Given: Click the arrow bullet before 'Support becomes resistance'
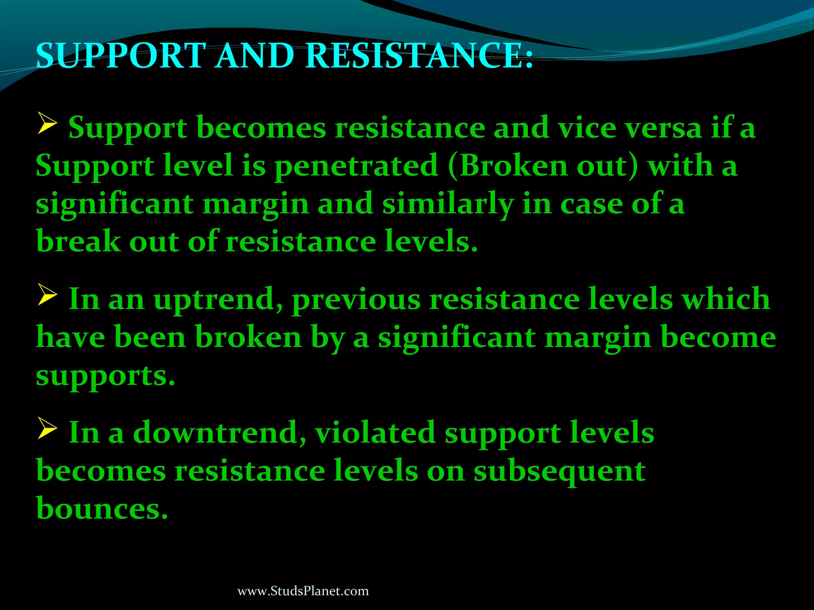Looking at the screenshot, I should [48, 124].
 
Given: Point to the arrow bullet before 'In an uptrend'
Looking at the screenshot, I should [48, 295].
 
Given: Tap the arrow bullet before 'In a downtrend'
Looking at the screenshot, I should [48, 429].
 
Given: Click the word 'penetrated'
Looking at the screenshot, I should [356, 166].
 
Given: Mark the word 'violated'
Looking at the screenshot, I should [375, 432].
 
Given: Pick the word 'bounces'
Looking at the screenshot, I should [101, 508].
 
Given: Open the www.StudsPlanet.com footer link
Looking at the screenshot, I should [303, 591].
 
